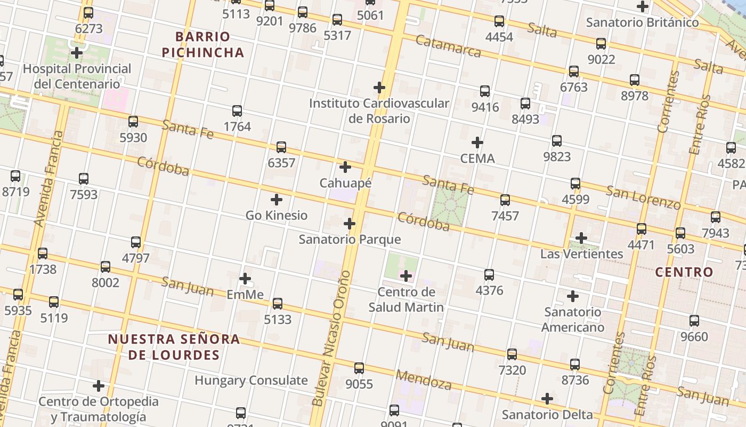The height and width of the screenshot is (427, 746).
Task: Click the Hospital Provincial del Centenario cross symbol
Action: [77, 53]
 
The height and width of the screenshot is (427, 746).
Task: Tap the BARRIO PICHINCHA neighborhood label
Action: [202, 44]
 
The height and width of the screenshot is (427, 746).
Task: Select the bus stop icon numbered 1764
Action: [237, 111]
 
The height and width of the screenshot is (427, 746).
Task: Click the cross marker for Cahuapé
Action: [345, 167]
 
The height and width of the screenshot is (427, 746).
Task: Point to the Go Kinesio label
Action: [276, 215]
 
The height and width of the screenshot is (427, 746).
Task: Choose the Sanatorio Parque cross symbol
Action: [350, 224]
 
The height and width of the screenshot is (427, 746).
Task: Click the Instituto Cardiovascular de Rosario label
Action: [379, 110]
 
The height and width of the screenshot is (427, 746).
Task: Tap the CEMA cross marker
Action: [477, 143]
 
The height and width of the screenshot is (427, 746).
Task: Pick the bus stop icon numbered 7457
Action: [505, 200]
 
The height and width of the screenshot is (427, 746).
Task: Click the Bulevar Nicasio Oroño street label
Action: [331, 344]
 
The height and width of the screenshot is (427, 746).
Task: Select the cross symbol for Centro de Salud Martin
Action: [406, 276]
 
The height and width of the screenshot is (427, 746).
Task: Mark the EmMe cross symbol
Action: [245, 279]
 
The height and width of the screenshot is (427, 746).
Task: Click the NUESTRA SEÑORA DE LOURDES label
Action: [174, 346]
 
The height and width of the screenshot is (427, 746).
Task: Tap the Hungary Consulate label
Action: [251, 381]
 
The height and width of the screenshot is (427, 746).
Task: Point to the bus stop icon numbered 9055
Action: [359, 368]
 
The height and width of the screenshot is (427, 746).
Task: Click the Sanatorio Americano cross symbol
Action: [573, 296]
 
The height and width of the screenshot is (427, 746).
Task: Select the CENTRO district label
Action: [684, 272]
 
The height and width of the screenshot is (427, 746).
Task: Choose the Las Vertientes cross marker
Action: [581, 238]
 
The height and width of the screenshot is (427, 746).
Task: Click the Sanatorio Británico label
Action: [642, 22]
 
